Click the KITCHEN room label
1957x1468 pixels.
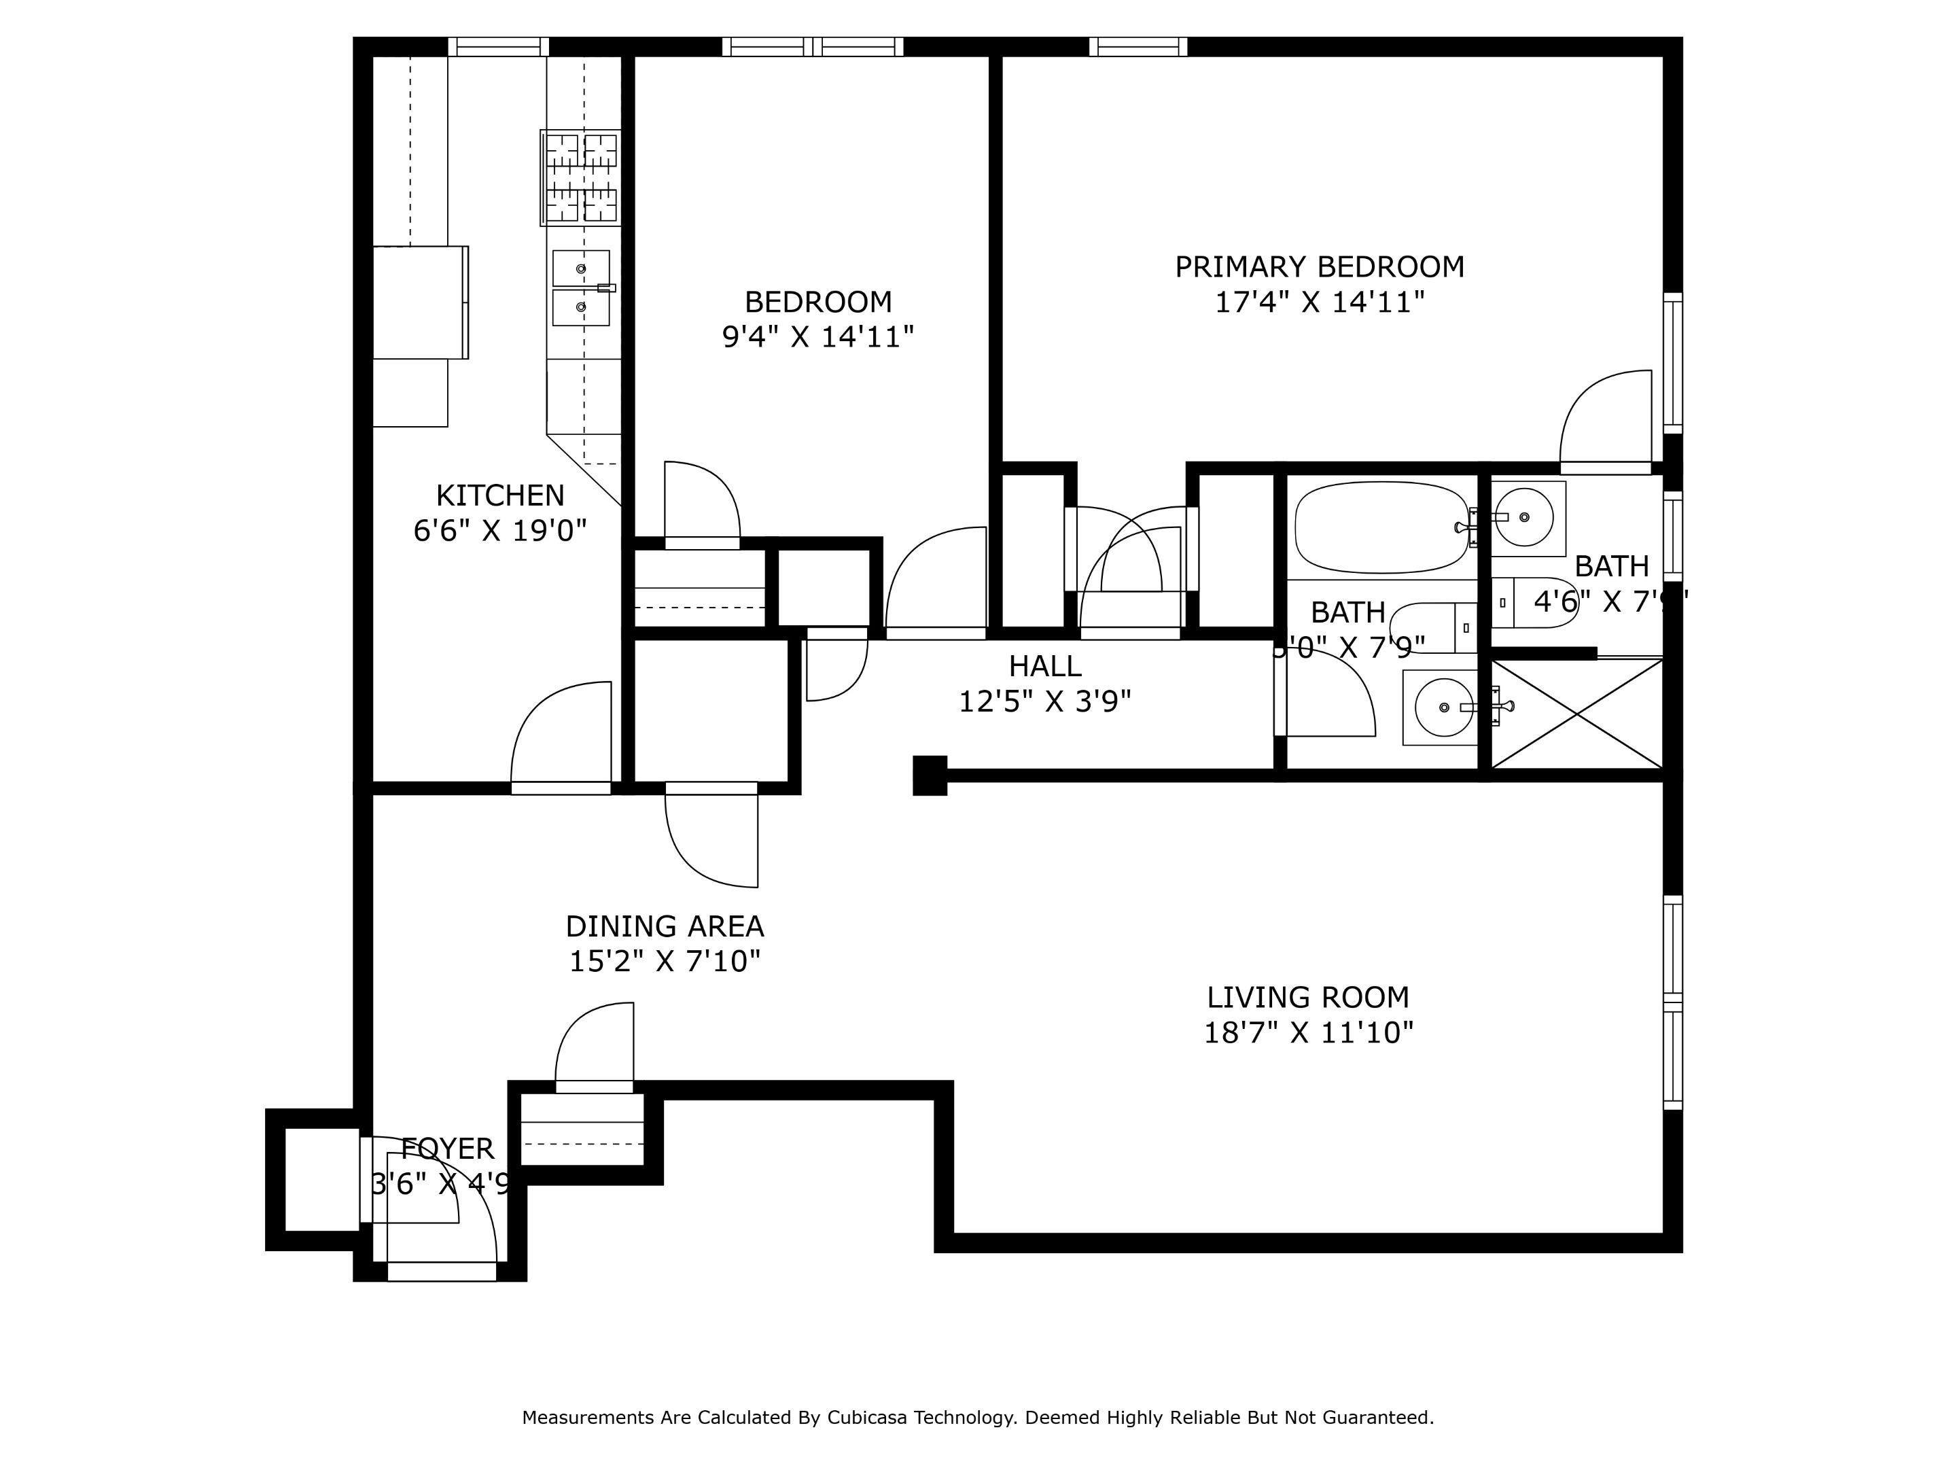point(500,495)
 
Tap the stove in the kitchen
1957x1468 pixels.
point(580,177)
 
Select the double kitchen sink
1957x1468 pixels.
point(580,287)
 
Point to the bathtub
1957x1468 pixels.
point(1381,527)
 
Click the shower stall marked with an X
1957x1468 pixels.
point(1576,714)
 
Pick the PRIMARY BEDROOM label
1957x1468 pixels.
point(1319,266)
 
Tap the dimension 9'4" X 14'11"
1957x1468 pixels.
point(817,337)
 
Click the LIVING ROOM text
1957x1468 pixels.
point(1307,997)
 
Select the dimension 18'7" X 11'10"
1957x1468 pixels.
point(1307,1032)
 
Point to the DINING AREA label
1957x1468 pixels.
point(665,926)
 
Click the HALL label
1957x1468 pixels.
point(1045,665)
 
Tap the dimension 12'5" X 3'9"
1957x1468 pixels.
point(1045,701)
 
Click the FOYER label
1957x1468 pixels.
point(447,1149)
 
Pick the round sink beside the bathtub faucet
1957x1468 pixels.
point(1523,517)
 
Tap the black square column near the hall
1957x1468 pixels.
point(929,775)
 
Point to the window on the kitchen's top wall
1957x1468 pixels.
point(498,47)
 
